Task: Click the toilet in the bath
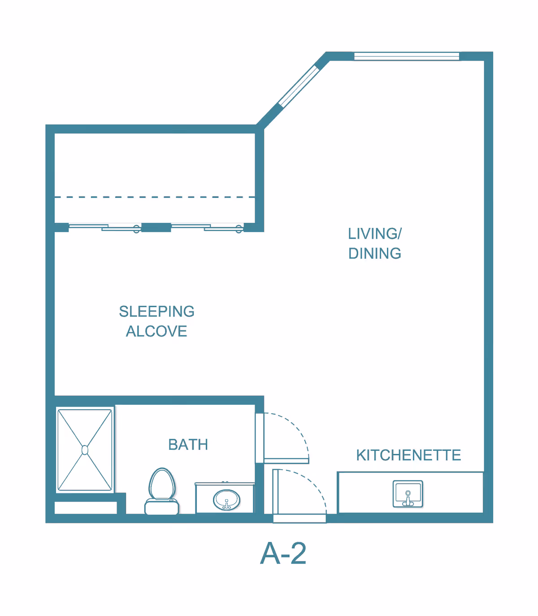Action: pos(162,491)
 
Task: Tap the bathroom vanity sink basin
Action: pos(227,500)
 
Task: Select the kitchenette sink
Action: pos(408,494)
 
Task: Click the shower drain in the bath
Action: pos(85,450)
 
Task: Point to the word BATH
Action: pos(188,445)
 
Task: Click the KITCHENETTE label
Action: pos(408,455)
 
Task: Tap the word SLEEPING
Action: pos(157,311)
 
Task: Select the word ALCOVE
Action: pos(156,331)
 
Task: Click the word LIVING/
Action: pos(375,234)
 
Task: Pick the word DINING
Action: pos(375,253)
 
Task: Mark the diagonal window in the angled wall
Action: pos(299,86)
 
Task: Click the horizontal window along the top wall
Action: pos(407,56)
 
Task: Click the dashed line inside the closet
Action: pos(155,197)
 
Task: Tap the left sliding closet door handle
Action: pos(137,229)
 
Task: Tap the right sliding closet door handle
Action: pos(239,229)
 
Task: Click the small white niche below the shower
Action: pos(86,508)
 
